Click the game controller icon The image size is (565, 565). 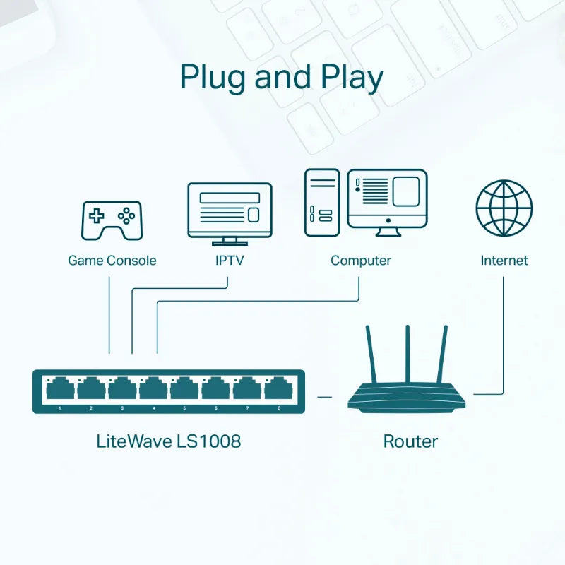[x=112, y=220]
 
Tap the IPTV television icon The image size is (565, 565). [x=229, y=210]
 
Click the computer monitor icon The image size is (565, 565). [x=388, y=202]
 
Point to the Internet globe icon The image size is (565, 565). [x=504, y=208]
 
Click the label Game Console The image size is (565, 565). [x=112, y=261]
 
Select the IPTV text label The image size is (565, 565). [x=229, y=261]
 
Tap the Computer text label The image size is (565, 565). [x=360, y=261]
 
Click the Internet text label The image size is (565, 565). [x=504, y=261]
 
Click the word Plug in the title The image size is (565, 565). [x=213, y=77]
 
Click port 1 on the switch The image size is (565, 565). [x=60, y=389]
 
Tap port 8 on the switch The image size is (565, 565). [x=278, y=389]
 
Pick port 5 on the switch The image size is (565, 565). [x=184, y=389]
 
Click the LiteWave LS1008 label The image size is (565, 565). [x=168, y=441]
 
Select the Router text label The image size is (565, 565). [x=410, y=441]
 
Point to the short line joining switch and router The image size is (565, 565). [x=324, y=397]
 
